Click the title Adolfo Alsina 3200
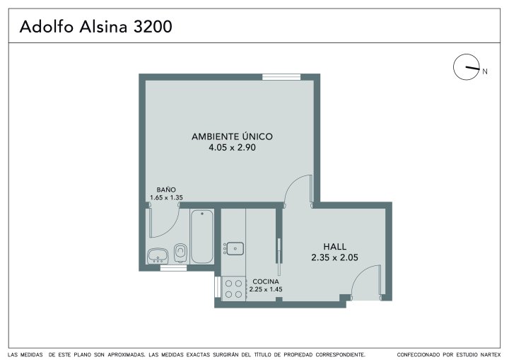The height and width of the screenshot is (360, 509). (95, 27)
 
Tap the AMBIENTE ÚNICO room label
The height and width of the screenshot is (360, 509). (232, 137)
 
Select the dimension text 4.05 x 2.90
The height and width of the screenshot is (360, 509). (232, 148)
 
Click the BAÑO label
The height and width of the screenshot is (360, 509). (166, 190)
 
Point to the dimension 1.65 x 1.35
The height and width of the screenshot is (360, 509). (166, 197)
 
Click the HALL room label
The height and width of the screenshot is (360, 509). (334, 247)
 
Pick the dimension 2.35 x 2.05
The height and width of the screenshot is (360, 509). (334, 257)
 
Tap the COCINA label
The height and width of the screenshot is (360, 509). (266, 281)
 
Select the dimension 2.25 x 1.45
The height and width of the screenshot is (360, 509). (266, 289)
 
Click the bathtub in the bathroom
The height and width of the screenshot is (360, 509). (202, 236)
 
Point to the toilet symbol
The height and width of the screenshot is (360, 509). (181, 253)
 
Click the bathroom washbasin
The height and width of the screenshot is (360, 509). (158, 256)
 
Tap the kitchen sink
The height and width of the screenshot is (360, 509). (235, 248)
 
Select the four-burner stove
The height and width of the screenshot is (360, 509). (233, 289)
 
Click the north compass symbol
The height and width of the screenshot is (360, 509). (467, 67)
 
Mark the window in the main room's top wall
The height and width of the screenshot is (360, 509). (281, 77)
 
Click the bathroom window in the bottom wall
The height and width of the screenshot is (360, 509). (173, 268)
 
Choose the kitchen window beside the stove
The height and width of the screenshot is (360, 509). (218, 286)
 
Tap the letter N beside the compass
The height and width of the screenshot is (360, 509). (485, 71)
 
